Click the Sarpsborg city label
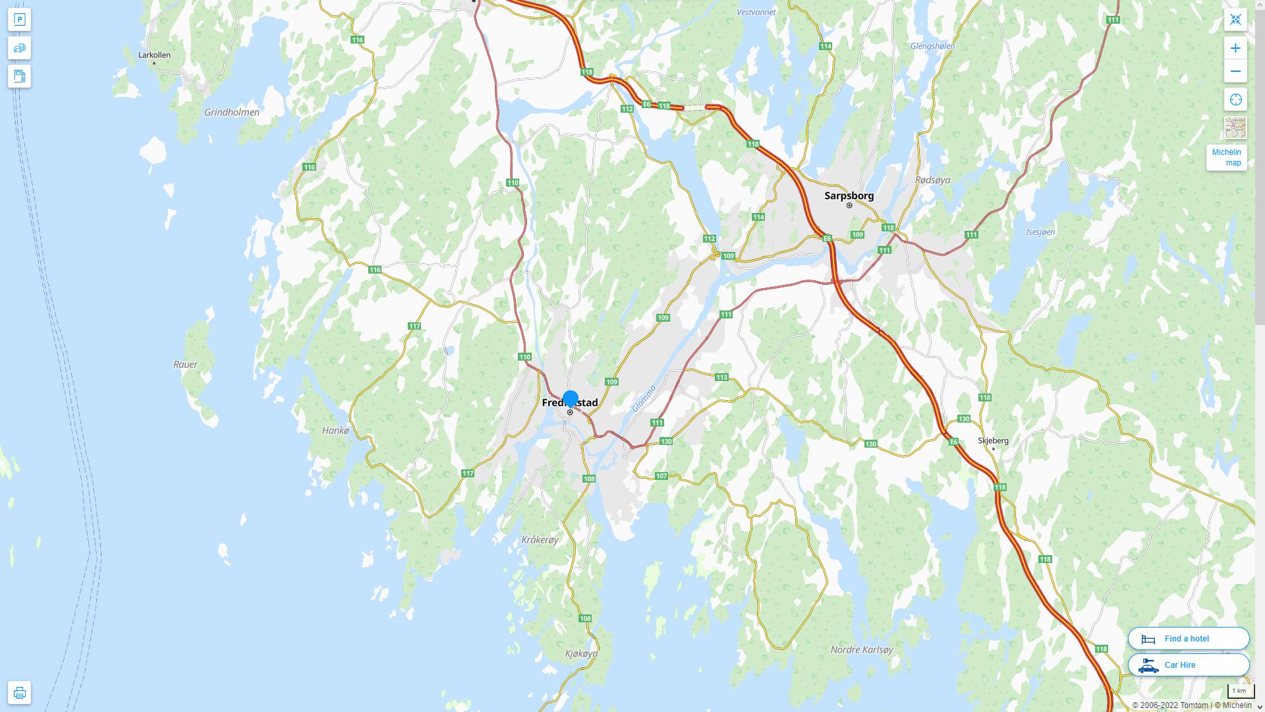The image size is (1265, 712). click(849, 195)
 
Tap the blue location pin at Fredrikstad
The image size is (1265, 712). click(571, 399)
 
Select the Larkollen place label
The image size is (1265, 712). click(154, 55)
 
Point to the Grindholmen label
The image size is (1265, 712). click(232, 112)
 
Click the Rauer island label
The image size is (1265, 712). click(185, 364)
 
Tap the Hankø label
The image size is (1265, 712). click(335, 430)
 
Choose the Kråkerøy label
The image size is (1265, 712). click(540, 539)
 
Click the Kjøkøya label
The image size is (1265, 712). click(581, 653)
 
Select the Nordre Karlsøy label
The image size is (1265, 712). click(862, 649)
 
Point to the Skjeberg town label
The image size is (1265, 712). click(993, 440)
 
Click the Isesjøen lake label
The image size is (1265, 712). click(1040, 232)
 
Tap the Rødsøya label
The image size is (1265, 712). click(933, 179)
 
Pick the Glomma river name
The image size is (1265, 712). click(644, 399)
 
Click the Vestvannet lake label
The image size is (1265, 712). click(756, 12)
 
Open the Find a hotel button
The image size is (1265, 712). click(1188, 638)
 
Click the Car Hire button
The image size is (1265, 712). click(1188, 665)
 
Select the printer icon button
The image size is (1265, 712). click(19, 692)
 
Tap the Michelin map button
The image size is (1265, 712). click(1226, 158)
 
